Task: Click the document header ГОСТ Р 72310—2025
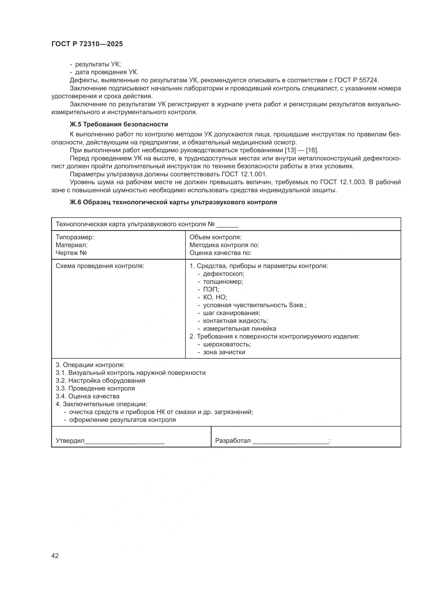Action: [x=87, y=44]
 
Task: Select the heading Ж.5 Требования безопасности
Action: [x=119, y=124]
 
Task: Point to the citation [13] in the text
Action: [x=290, y=150]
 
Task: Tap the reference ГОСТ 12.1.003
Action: [x=342, y=182]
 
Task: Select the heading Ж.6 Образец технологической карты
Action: [x=173, y=202]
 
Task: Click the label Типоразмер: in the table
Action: [x=74, y=237]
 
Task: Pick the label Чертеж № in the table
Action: [x=71, y=253]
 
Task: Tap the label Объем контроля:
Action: [x=215, y=237]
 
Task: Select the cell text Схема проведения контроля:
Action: [x=100, y=266]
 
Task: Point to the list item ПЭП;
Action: [x=211, y=289]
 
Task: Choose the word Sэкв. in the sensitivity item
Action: [x=297, y=305]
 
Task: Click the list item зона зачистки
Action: [x=224, y=352]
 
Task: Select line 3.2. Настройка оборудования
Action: [x=100, y=380]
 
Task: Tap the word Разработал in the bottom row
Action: [x=233, y=441]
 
